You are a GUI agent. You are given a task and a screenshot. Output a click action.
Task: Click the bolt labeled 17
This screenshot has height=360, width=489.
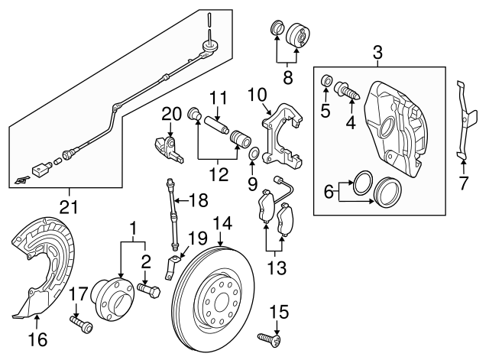coord(81,324)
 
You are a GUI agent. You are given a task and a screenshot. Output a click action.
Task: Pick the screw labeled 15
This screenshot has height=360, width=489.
coord(268,336)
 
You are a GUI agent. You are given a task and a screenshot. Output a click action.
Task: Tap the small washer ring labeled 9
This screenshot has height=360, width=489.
coord(253,157)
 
